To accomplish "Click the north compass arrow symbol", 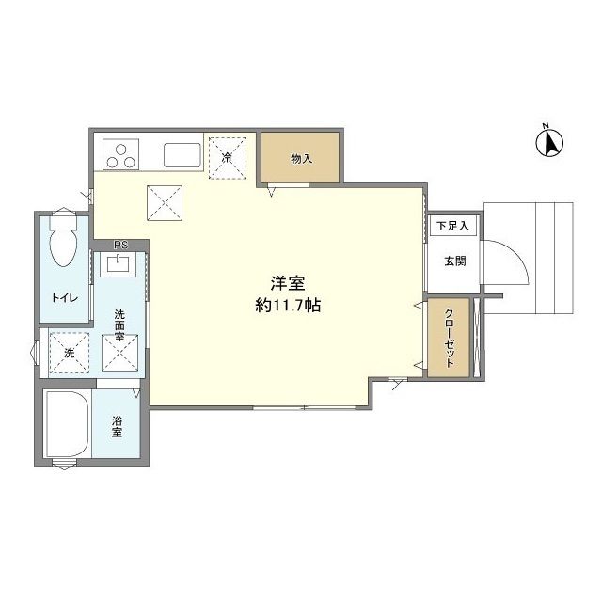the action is click(x=549, y=142).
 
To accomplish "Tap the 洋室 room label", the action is click(x=288, y=283).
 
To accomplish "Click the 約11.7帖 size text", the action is click(x=288, y=306).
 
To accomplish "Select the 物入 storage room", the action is click(x=300, y=157).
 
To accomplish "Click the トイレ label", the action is click(x=65, y=298).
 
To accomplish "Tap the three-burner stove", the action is click(x=120, y=154).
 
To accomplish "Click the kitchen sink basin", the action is click(x=182, y=155).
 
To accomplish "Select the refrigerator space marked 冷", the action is click(x=228, y=158).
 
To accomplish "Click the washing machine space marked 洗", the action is click(x=70, y=353).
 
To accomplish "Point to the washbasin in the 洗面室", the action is click(x=118, y=264).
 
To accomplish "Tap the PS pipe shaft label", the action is click(x=121, y=245).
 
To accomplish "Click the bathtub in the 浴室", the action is click(x=67, y=424).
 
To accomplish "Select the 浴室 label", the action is click(x=117, y=426).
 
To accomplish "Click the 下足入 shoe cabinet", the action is click(x=452, y=226).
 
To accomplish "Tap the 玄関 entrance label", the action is click(x=455, y=261).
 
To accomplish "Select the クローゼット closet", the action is click(x=449, y=338).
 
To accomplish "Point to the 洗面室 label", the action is click(x=119, y=326).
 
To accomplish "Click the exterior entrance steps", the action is click(x=529, y=259).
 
